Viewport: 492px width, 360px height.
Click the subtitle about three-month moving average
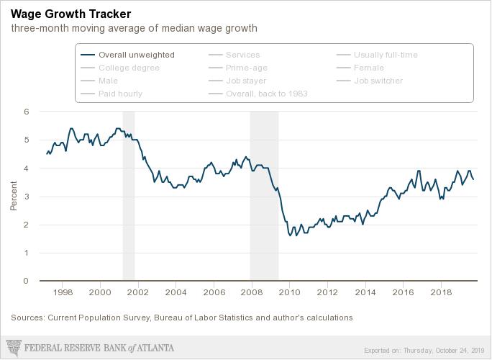point(134,29)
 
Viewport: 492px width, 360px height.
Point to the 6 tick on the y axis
point(27,112)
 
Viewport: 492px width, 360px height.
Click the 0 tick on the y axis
point(27,281)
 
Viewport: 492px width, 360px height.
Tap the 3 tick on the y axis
point(27,197)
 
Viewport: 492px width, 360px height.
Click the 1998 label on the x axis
point(63,293)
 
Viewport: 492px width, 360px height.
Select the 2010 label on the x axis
point(289,293)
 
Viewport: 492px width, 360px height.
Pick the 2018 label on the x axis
point(440,293)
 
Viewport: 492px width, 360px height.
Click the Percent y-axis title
point(14,197)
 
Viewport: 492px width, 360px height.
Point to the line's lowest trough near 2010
point(290,235)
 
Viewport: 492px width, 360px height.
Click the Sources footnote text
point(182,317)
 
